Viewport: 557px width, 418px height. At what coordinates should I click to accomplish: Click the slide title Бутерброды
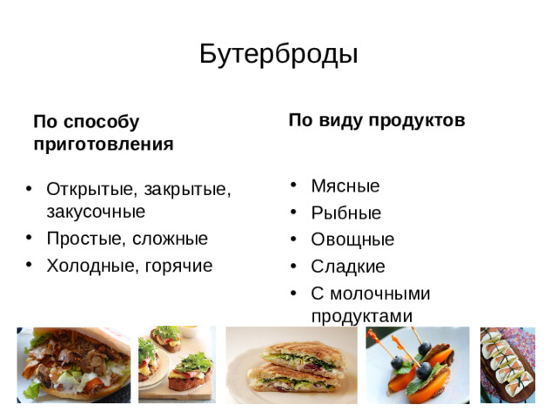tap(278, 55)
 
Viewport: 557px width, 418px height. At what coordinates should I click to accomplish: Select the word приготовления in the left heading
tap(103, 144)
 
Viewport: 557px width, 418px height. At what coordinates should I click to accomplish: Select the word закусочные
tap(96, 212)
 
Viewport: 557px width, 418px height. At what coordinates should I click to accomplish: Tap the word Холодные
tap(88, 265)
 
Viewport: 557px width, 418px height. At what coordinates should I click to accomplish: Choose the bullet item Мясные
tap(345, 186)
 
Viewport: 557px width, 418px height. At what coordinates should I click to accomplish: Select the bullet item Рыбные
tap(346, 213)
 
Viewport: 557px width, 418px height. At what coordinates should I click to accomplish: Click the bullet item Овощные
tap(352, 239)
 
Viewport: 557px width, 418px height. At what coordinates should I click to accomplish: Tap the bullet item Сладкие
tap(347, 266)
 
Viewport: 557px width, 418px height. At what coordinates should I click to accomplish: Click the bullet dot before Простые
tap(29, 238)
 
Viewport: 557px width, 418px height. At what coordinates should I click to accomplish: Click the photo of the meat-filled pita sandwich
tap(74, 364)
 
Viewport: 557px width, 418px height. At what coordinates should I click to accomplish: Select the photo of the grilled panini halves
tap(291, 364)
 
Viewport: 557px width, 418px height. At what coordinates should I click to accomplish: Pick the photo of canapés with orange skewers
tap(417, 364)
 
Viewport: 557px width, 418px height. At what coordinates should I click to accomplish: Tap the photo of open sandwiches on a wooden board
tap(177, 364)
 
